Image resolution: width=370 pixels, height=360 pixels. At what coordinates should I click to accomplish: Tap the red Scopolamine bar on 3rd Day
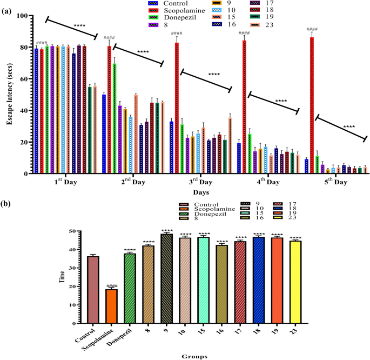177,108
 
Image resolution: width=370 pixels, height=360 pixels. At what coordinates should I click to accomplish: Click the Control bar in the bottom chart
93,290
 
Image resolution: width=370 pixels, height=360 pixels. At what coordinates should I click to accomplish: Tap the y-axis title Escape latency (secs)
9,95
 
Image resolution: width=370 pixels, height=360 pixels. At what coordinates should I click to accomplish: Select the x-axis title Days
200,192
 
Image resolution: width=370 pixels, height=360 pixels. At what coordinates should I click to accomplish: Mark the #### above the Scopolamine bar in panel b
111,286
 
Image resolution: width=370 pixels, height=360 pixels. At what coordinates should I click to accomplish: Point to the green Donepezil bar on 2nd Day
115,118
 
